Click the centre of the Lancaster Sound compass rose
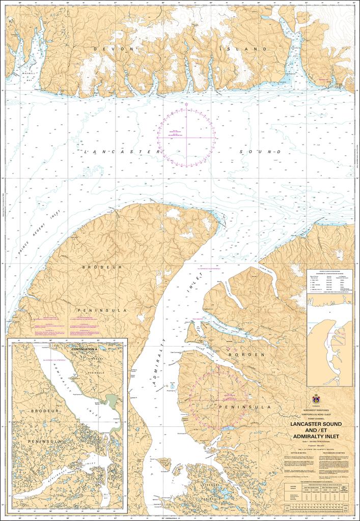[186, 137]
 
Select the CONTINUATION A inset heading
[85, 349]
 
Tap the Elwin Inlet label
[269, 273]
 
